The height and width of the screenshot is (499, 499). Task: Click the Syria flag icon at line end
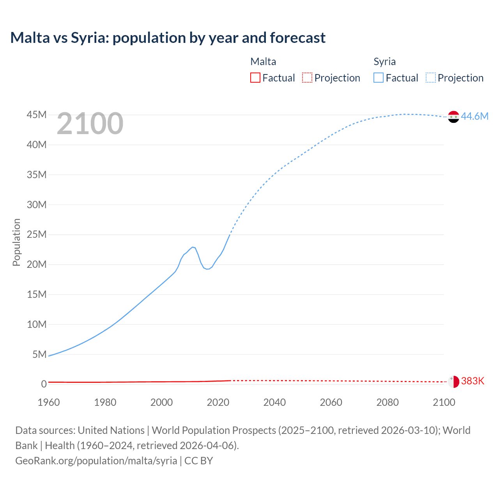tap(453, 117)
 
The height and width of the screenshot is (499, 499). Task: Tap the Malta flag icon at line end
tap(453, 382)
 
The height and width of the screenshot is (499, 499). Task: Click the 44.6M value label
tap(474, 116)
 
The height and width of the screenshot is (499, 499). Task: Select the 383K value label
tap(472, 381)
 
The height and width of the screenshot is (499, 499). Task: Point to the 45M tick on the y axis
tap(37, 115)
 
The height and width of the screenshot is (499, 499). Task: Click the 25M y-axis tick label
tap(37, 234)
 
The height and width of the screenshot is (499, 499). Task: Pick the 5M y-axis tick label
tap(39, 354)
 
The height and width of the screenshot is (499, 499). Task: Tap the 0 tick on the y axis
tap(44, 384)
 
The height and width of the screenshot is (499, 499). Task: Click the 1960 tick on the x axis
tap(49, 402)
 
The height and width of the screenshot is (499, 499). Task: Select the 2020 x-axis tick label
tap(218, 402)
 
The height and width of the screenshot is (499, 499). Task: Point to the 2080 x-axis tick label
tap(388, 402)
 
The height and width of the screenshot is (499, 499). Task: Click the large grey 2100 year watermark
tap(90, 124)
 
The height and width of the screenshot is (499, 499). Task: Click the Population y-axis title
tap(16, 242)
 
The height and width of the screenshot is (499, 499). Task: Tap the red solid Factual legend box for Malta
tap(255, 78)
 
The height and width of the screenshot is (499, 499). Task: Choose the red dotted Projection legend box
tap(307, 78)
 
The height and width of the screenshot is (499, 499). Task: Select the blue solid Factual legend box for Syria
tap(378, 78)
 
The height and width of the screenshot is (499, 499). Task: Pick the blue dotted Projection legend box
tap(430, 78)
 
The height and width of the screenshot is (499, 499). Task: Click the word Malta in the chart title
tap(30, 38)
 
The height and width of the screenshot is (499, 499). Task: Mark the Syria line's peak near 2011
tap(193, 247)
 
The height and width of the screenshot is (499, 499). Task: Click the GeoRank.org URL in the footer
tap(96, 460)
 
